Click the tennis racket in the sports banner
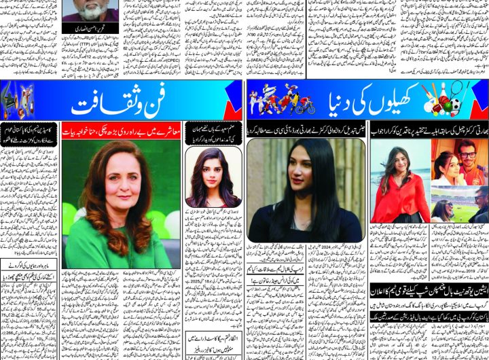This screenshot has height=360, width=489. pyautogui.click(x=435, y=96)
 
